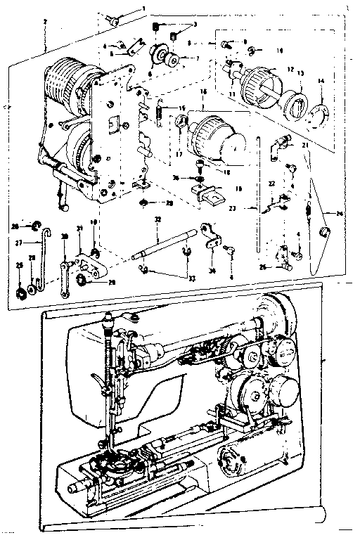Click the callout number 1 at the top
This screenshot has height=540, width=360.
point(144,8)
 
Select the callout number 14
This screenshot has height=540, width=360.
point(321,82)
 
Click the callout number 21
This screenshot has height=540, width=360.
point(305,145)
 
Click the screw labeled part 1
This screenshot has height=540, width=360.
point(113,20)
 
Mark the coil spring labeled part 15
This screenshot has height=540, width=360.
point(159,112)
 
